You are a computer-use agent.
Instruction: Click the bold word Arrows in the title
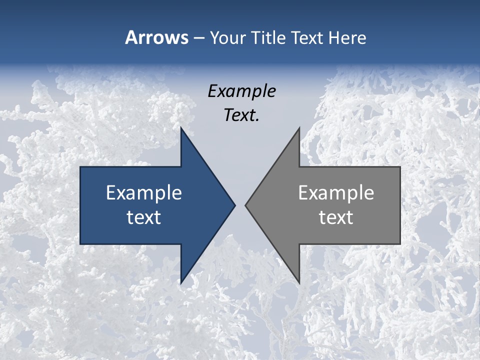click(156, 37)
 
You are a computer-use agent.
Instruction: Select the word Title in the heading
click(268, 38)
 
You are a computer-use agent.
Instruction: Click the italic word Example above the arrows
click(242, 91)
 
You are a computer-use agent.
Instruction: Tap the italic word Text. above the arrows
click(242, 115)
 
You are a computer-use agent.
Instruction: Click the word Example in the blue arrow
click(144, 193)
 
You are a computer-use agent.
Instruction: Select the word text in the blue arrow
click(144, 217)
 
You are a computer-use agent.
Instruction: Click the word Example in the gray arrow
click(336, 193)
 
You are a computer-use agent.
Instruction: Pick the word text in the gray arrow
click(336, 217)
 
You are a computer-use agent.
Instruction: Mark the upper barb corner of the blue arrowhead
click(181, 128)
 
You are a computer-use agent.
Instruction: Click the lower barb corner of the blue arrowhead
click(181, 283)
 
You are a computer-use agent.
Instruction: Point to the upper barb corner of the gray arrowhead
click(299, 128)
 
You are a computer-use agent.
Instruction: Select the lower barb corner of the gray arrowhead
click(299, 283)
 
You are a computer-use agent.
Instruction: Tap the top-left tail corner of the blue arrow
click(80, 167)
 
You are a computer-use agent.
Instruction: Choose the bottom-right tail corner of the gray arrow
click(400, 244)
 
